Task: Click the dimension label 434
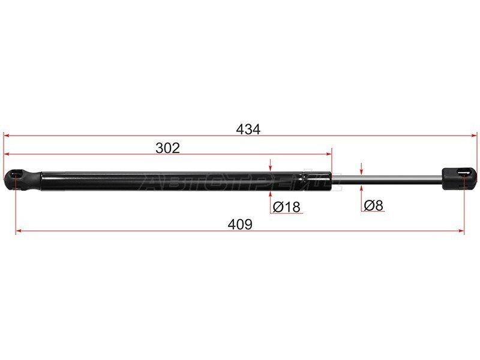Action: pyautogui.click(x=248, y=129)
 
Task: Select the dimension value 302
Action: pyautogui.click(x=167, y=148)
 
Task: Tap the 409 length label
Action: pyautogui.click(x=240, y=224)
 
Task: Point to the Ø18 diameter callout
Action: pyautogui.click(x=287, y=207)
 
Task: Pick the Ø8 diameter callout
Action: pyautogui.click(x=374, y=205)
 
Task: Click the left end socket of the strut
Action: pyautogui.click(x=22, y=179)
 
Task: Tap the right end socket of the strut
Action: pyautogui.click(x=459, y=178)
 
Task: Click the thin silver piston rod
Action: pyautogui.click(x=386, y=179)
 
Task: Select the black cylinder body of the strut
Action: pyautogui.click(x=186, y=181)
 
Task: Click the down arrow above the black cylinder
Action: pyautogui.click(x=270, y=165)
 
